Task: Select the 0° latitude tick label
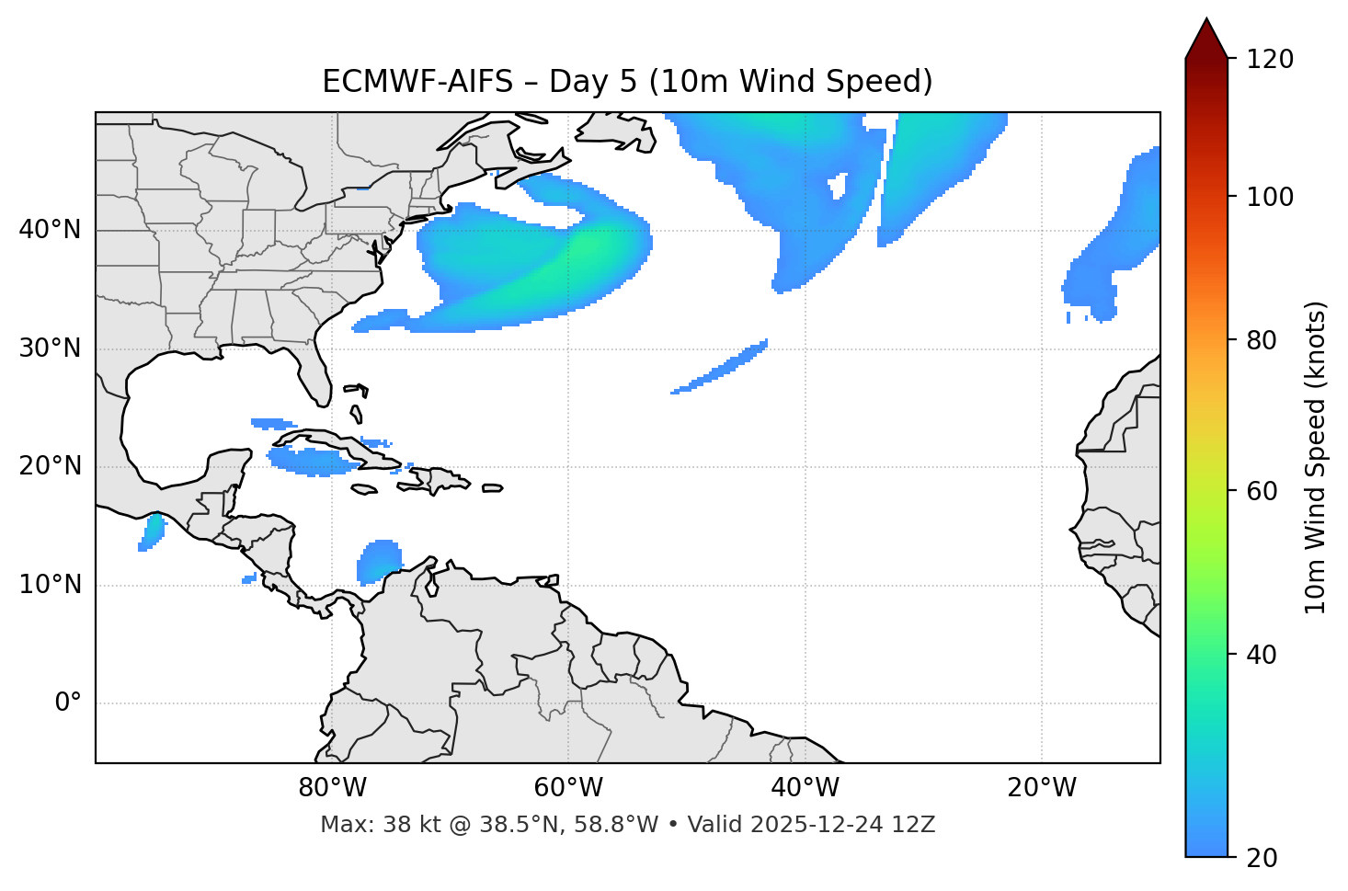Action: click(67, 703)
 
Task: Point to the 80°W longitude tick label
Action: click(332, 788)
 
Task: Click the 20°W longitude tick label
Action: click(1042, 788)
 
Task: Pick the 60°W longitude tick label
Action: click(568, 788)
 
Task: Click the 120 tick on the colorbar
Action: click(1269, 60)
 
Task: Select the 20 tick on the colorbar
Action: click(1262, 858)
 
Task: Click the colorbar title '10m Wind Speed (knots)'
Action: click(1316, 458)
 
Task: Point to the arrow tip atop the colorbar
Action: click(1206, 20)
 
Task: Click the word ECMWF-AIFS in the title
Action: click(417, 82)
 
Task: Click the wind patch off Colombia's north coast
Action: click(379, 561)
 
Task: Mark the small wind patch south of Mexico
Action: click(153, 531)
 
